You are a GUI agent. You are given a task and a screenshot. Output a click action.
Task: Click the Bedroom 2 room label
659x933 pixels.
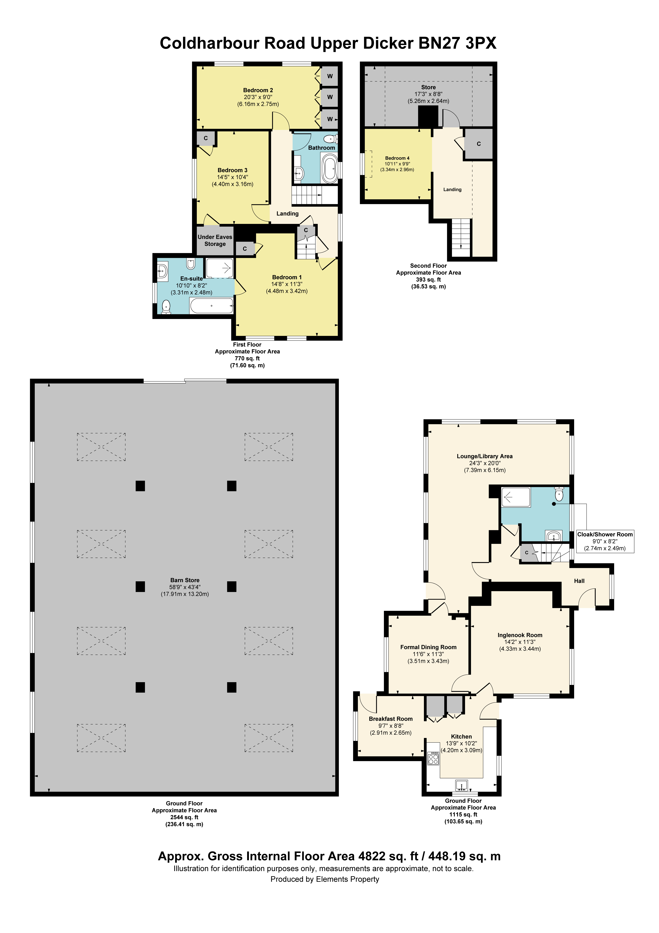click(x=258, y=90)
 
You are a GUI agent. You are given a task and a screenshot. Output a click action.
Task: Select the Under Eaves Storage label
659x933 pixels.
click(x=215, y=241)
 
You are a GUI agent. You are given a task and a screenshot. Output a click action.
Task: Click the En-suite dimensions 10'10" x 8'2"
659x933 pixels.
click(x=191, y=286)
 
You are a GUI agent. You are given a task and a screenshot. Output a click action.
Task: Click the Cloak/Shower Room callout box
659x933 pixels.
click(x=605, y=541)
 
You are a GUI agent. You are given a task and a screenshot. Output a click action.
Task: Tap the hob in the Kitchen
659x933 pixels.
click(x=433, y=758)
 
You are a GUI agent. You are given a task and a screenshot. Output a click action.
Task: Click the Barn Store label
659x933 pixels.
click(x=185, y=580)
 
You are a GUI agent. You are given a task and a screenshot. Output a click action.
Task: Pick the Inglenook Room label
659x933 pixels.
click(x=520, y=635)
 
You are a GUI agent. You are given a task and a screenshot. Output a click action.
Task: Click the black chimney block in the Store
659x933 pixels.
click(x=428, y=117)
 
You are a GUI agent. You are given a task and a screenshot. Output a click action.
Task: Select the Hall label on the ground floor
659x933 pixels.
click(x=579, y=581)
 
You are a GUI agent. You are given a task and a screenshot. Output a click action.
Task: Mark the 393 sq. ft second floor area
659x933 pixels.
click(x=428, y=280)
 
